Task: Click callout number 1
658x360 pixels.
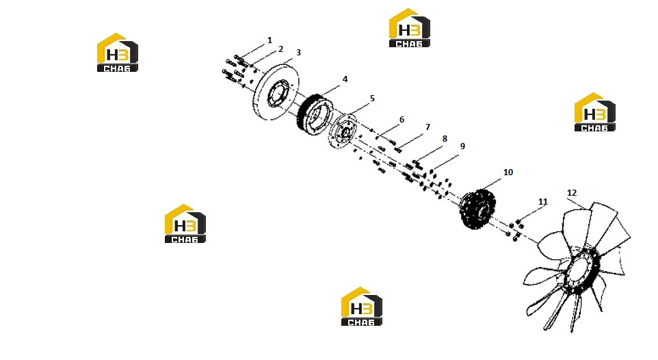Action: [269, 40]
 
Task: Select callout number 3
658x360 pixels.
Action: [298, 53]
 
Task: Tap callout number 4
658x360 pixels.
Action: [345, 79]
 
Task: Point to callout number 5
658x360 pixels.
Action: [372, 99]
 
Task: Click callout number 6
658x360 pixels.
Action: [402, 120]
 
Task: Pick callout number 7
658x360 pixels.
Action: [427, 127]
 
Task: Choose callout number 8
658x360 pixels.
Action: [445, 139]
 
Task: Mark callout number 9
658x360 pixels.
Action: [462, 146]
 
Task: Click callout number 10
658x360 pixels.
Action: [508, 172]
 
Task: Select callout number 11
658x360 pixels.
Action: [543, 202]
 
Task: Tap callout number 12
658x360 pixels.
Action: [572, 193]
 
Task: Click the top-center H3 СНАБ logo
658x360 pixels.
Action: [410, 28]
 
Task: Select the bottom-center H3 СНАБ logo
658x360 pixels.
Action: [362, 306]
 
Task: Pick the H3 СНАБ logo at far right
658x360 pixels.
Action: [595, 112]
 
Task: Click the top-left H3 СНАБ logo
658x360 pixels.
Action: [118, 53]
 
